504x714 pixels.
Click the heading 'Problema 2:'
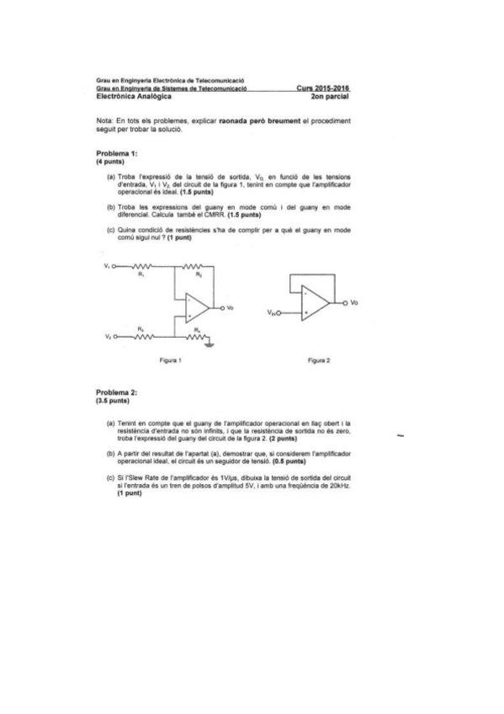[117, 392]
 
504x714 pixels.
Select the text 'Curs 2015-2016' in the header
[323, 88]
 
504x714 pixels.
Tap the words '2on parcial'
[330, 96]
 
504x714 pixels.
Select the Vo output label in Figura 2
[353, 302]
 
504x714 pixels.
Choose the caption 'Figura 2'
[318, 360]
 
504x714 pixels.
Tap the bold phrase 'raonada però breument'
[259, 121]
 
